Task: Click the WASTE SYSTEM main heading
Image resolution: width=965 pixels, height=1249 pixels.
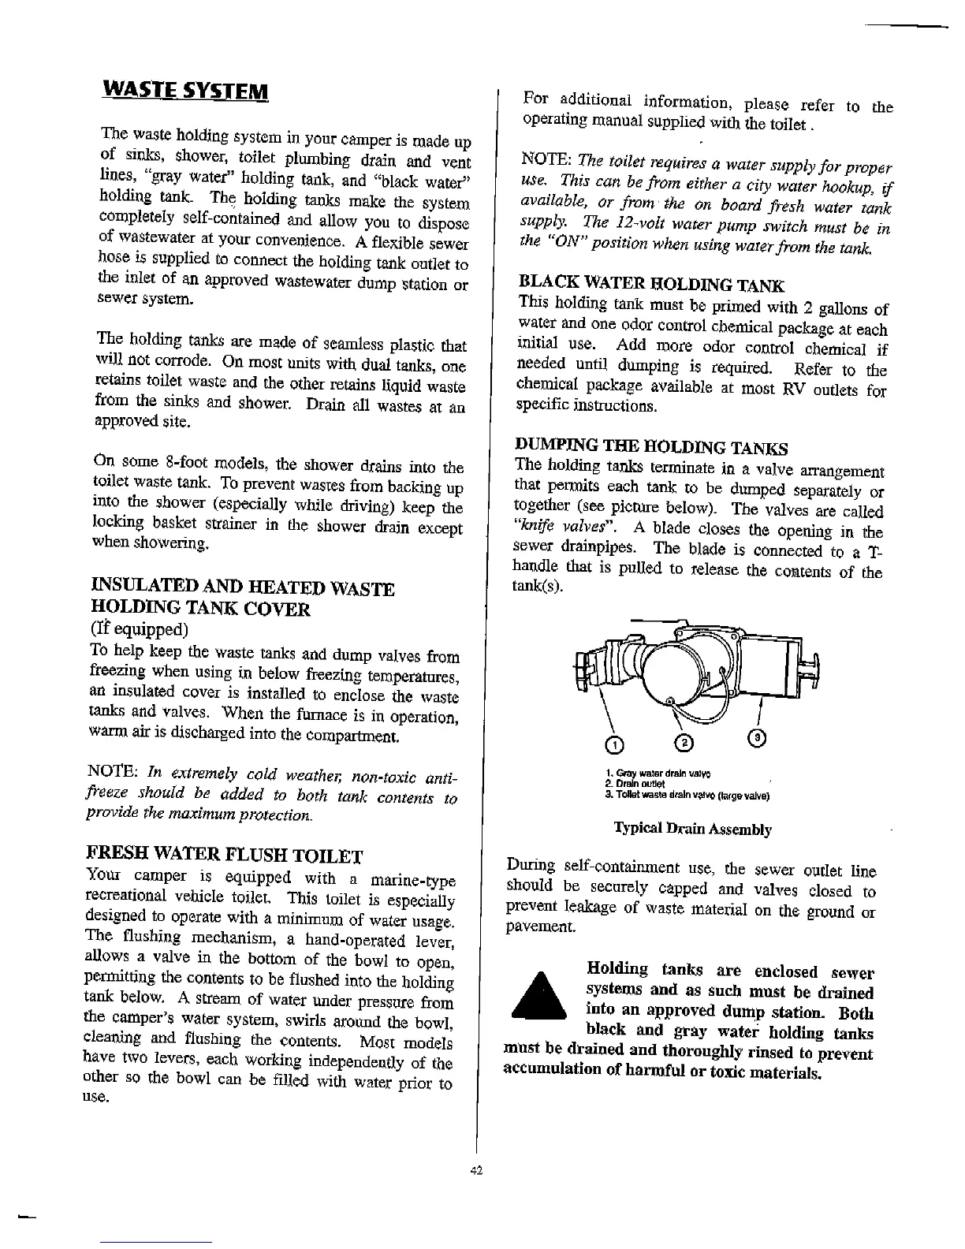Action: click(x=185, y=87)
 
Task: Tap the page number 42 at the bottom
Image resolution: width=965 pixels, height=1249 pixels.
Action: click(x=476, y=1171)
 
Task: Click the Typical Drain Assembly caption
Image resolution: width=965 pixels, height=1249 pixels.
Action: click(x=692, y=829)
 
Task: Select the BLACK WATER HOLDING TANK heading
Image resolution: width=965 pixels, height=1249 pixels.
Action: click(x=651, y=284)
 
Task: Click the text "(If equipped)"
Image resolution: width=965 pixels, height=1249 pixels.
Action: click(x=140, y=629)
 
